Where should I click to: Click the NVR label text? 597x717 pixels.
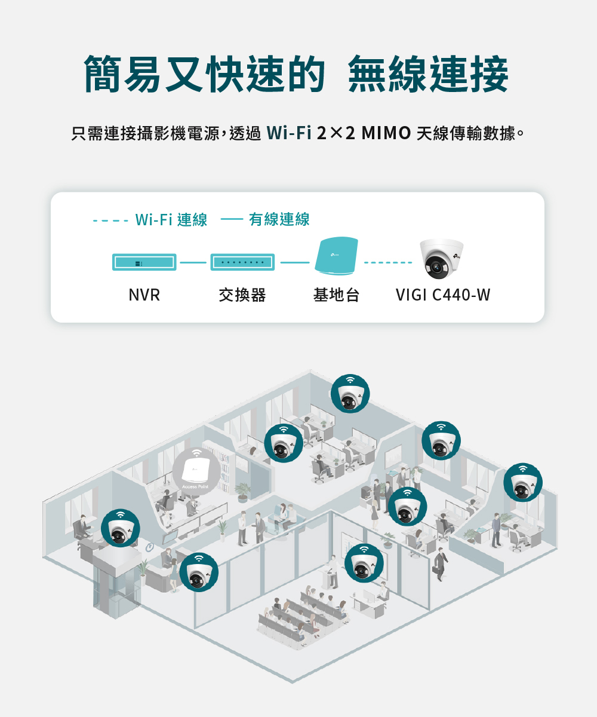point(144,295)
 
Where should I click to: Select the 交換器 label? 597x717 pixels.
point(242,295)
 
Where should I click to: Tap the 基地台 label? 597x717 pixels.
point(336,295)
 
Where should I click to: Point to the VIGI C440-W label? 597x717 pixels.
point(442,295)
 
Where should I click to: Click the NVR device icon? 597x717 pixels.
point(144,262)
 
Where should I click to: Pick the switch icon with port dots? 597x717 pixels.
point(242,262)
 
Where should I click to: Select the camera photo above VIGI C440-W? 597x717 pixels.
point(442,259)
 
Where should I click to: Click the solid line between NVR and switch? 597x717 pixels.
point(193,262)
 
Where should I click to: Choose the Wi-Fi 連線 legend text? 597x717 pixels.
point(171,220)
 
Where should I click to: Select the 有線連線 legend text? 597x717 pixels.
point(279,220)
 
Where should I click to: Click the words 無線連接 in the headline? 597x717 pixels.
point(428,75)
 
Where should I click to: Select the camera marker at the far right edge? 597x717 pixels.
point(523,483)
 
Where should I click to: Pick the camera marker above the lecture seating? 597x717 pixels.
point(364,563)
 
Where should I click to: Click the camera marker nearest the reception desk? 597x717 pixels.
point(198,572)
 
